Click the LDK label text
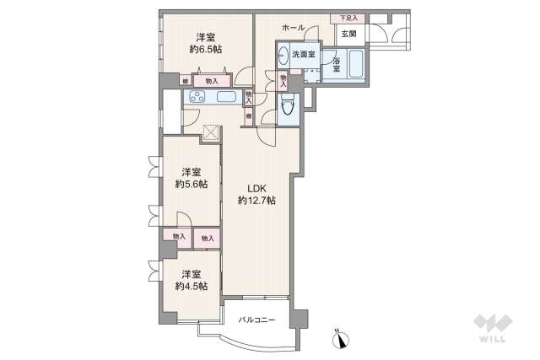256,188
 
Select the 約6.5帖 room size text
205,50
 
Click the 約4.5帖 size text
191,286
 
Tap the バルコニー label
257,320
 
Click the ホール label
294,28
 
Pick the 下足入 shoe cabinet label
348,17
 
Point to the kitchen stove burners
192,97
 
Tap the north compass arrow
341,340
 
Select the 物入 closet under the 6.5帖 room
210,81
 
